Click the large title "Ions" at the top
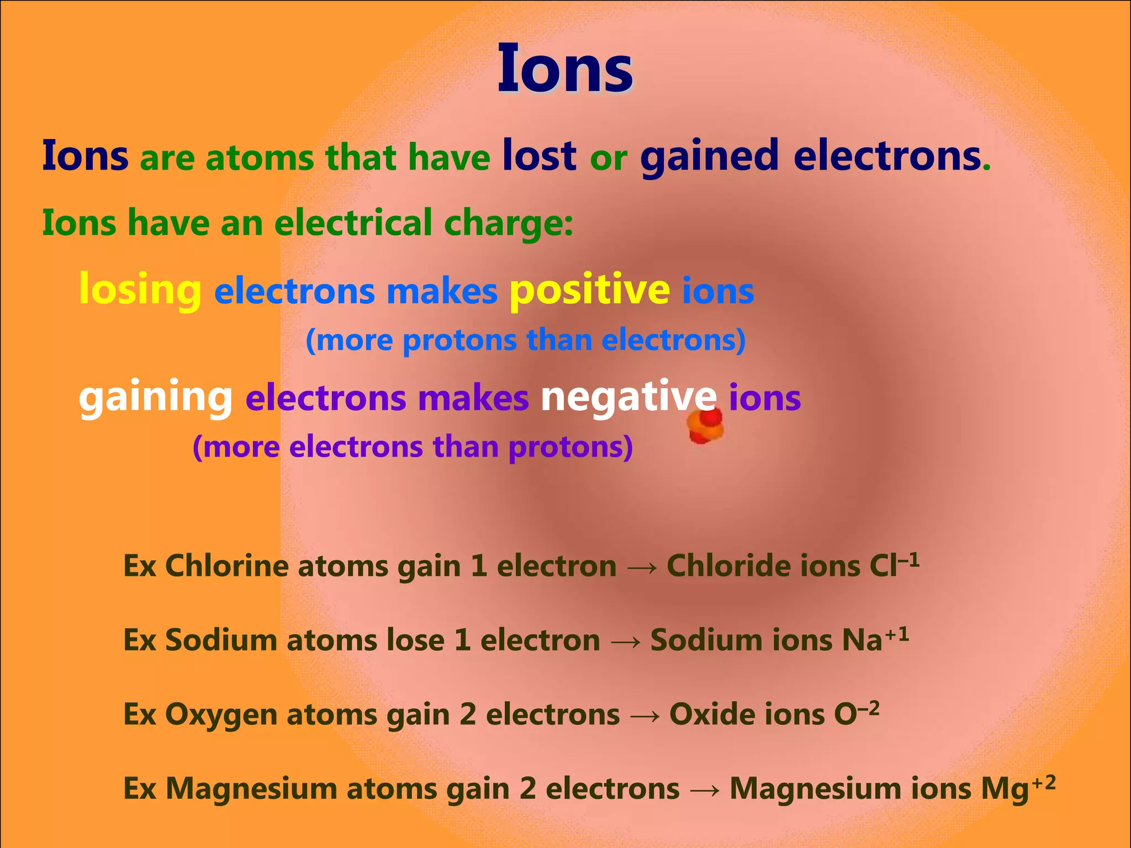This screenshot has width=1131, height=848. click(x=564, y=70)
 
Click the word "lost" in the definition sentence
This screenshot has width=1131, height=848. click(x=539, y=156)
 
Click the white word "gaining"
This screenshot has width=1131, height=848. click(x=156, y=397)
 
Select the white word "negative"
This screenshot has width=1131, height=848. click(x=628, y=397)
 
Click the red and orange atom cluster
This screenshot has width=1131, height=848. click(x=705, y=426)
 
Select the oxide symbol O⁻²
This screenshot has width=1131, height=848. click(x=856, y=713)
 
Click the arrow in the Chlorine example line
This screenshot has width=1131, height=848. click(x=642, y=567)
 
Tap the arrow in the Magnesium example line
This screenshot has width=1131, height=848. click(x=705, y=790)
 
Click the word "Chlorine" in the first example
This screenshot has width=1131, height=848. click(x=226, y=566)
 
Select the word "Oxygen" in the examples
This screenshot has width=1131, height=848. click(x=221, y=714)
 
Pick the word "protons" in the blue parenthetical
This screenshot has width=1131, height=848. click(x=459, y=340)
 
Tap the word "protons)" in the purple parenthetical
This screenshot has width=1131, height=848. click(x=570, y=447)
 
